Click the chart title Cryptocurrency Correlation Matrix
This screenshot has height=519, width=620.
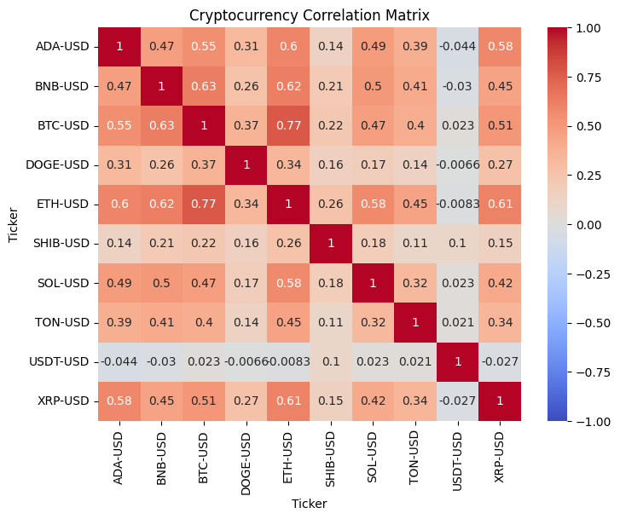click(310, 14)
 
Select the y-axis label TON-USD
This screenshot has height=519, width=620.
click(63, 322)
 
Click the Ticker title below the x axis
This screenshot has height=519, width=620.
click(309, 504)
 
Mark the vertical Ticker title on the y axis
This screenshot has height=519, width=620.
click(14, 224)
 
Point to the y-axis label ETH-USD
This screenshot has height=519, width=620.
click(65, 205)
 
